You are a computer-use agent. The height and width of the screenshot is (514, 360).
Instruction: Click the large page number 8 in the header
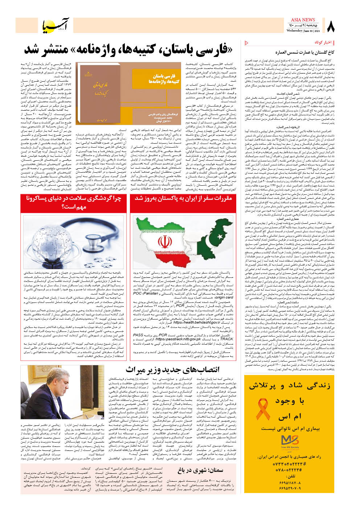tap(331, 26)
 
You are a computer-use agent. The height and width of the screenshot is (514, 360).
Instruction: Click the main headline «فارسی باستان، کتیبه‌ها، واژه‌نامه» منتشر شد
tap(128, 50)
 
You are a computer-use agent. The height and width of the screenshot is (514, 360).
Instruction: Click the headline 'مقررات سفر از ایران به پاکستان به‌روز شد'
tap(183, 198)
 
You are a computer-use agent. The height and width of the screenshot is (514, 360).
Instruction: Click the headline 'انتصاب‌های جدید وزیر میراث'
tap(172, 370)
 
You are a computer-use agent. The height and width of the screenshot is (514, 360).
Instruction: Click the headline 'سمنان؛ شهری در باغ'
tap(200, 470)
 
